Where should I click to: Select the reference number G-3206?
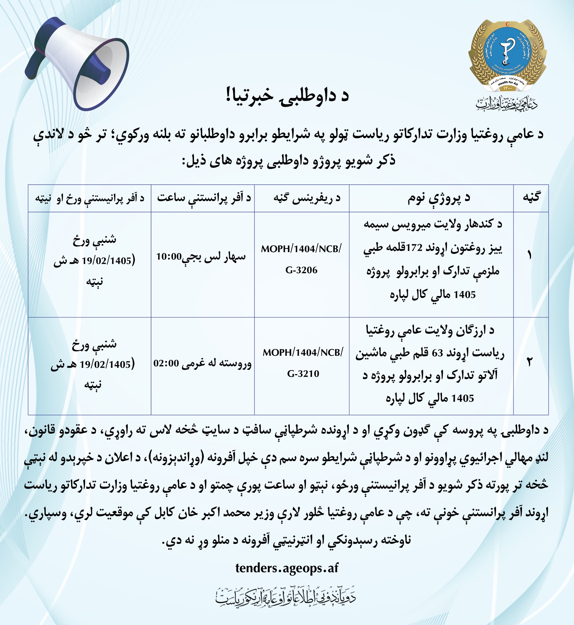(x=301, y=270)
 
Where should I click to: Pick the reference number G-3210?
(x=303, y=374)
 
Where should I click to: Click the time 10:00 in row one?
(x=169, y=257)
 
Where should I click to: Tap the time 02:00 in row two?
(x=166, y=363)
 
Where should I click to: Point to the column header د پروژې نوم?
(x=439, y=198)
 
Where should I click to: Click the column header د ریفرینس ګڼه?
(x=307, y=198)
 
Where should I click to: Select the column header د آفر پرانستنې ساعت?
(x=204, y=198)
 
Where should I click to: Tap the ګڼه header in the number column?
(x=531, y=198)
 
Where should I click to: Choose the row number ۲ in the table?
(x=529, y=362)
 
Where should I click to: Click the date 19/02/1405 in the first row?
(x=107, y=261)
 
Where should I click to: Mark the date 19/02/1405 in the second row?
(x=105, y=364)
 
